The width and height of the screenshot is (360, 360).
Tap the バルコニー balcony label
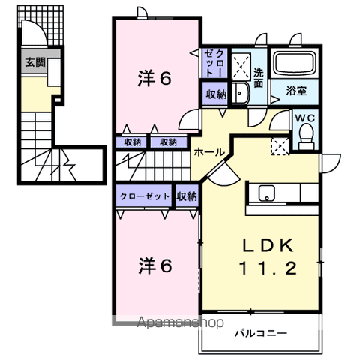point(259,331)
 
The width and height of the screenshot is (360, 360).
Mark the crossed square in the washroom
point(241,66)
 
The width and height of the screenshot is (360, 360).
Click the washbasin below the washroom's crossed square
point(240,93)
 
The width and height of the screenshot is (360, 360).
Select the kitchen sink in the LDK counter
point(268,193)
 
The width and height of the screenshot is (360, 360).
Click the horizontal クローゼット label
point(145,196)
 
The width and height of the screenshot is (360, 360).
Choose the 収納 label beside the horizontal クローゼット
point(187,196)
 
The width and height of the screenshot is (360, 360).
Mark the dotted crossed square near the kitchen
point(279,145)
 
